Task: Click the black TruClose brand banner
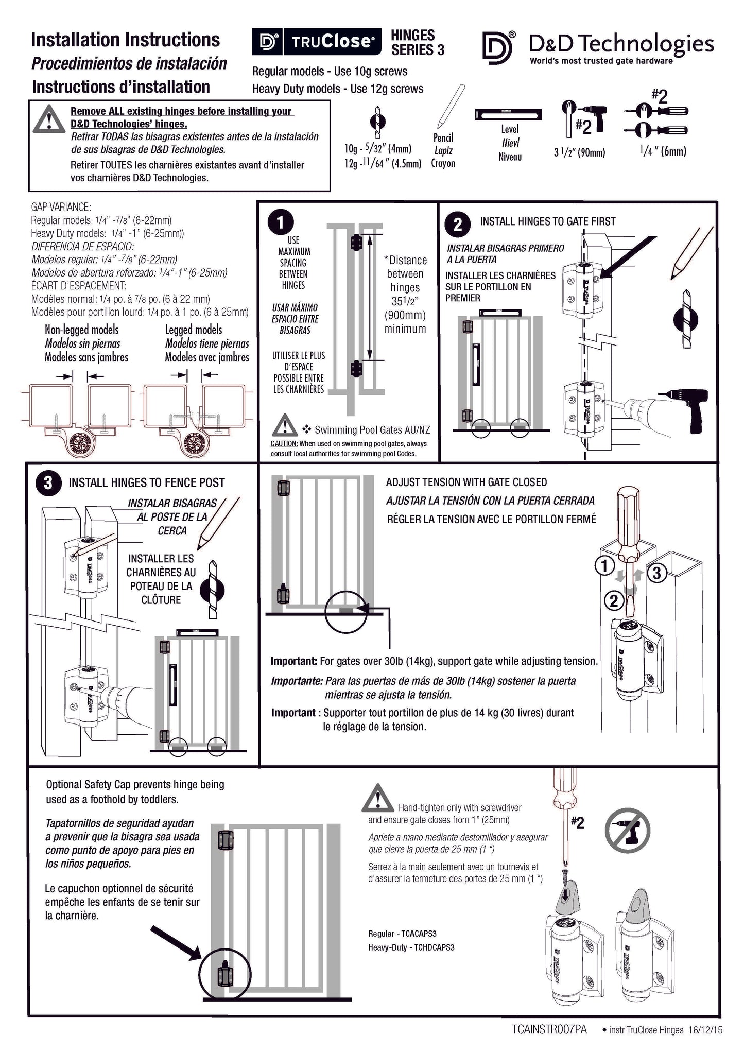[317, 42]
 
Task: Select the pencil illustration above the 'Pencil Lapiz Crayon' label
[450, 107]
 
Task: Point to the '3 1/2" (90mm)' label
[579, 152]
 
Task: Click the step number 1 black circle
[281, 222]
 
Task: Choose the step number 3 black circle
[48, 483]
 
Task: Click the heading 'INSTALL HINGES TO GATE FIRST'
[547, 221]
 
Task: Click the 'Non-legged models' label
[81, 330]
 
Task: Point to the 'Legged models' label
[194, 330]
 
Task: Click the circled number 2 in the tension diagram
[613, 600]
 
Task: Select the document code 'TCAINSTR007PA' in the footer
[549, 1030]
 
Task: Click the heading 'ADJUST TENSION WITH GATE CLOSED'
[466, 482]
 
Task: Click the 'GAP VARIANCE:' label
[61, 207]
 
